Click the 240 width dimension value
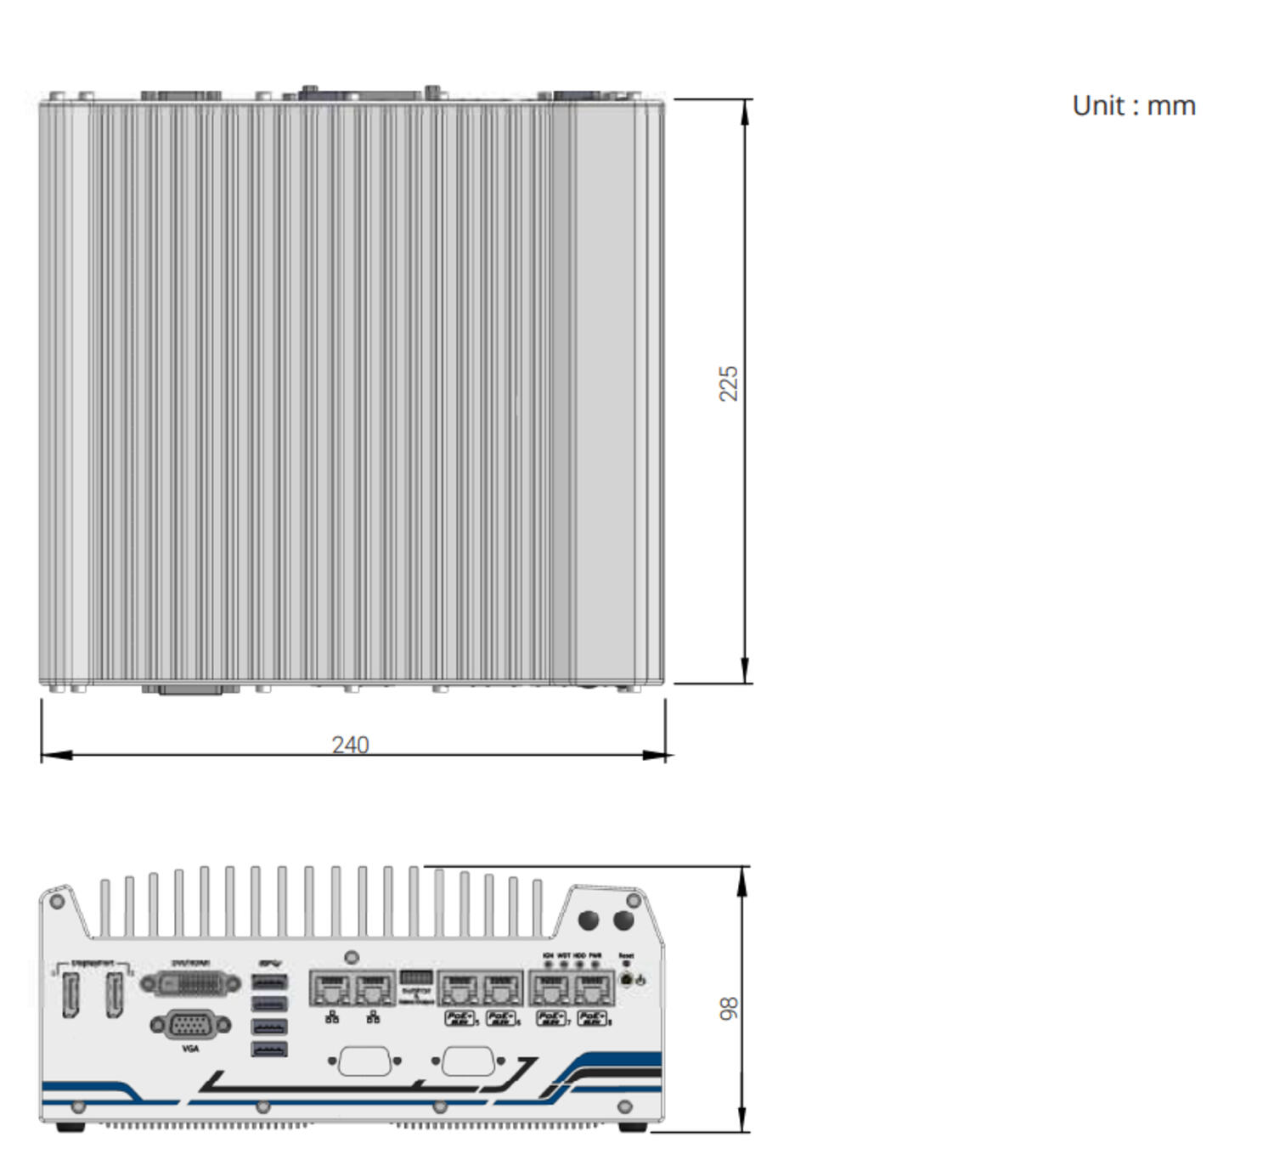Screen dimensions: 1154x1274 tap(350, 744)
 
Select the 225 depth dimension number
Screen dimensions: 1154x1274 tap(728, 384)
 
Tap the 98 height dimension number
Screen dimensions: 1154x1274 tap(728, 1009)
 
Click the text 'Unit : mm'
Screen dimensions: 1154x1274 tap(1133, 106)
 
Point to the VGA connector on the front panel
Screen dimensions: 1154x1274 tap(190, 1025)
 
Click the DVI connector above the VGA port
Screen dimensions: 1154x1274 tap(190, 984)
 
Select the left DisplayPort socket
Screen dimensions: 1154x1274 tap(71, 994)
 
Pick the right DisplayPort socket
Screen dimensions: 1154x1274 tap(114, 994)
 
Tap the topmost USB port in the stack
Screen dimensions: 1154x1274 tap(269, 982)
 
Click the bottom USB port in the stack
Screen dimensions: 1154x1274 tap(269, 1050)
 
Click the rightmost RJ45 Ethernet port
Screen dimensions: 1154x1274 tap(592, 989)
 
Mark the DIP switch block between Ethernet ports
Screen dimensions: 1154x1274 tap(416, 978)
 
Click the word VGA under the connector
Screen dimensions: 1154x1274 tap(190, 1049)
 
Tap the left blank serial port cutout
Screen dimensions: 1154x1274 tap(364, 1061)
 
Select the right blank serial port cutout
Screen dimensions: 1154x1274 tap(468, 1061)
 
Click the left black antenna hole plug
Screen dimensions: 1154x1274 tap(588, 920)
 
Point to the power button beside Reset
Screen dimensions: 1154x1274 tap(628, 980)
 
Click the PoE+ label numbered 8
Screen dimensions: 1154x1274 tap(593, 1018)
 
